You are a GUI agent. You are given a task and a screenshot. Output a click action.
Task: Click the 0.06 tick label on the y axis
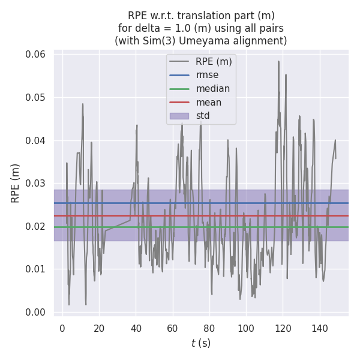click(35, 55)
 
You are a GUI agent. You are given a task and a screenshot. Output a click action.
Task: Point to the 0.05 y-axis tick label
click(35, 98)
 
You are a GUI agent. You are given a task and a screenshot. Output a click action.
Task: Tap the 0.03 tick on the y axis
click(35, 184)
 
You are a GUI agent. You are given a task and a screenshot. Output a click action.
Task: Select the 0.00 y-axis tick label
click(35, 312)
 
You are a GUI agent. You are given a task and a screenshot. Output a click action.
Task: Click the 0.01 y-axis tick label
click(35, 269)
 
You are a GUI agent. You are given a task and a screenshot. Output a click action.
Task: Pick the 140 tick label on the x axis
click(319, 328)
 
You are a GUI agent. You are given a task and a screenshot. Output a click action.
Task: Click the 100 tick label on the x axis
click(246, 328)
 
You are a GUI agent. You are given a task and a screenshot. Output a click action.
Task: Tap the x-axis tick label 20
click(99, 328)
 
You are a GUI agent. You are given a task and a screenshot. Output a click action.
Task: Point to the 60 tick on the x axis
click(172, 328)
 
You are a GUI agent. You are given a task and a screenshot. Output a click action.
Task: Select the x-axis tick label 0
click(62, 328)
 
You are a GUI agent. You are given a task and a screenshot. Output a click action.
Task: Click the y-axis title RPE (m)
click(16, 183)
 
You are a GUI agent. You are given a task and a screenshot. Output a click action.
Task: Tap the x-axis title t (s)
click(201, 343)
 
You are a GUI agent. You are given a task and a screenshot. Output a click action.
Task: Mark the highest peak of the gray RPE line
click(278, 61)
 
